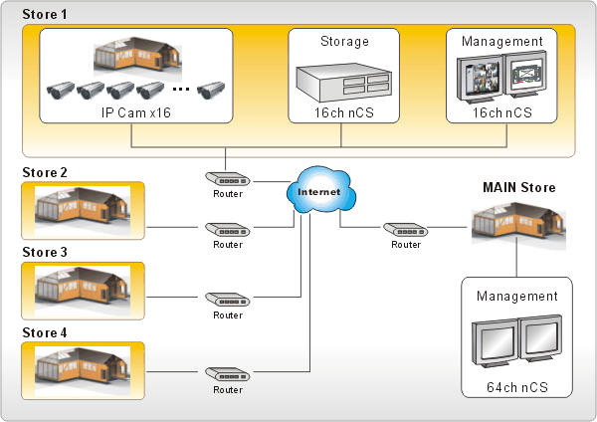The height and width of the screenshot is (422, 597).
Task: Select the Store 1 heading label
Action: tap(45, 15)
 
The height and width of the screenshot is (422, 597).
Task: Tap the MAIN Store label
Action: tap(518, 187)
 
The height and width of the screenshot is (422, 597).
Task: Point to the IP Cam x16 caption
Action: tap(135, 112)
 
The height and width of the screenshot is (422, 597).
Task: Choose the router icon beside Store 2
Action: tap(228, 229)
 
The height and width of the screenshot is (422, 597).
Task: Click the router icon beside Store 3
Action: tap(228, 299)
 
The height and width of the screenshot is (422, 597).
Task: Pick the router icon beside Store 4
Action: tap(228, 374)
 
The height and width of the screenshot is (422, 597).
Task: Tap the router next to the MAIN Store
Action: tap(406, 229)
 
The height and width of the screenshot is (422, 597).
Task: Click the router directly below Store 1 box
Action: tap(228, 179)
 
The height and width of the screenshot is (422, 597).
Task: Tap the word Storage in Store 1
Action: tap(344, 42)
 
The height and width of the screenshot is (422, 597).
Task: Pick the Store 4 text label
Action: tap(44, 332)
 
